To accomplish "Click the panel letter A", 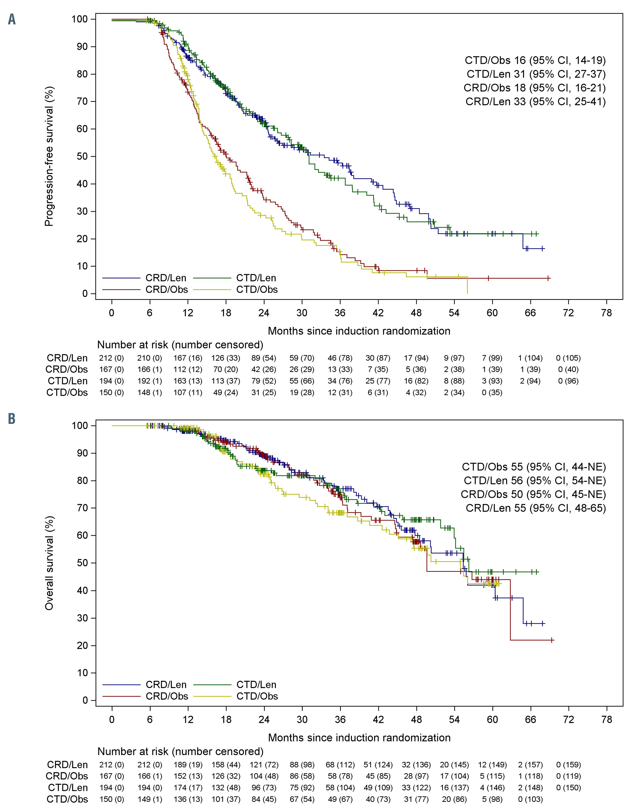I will [12, 19].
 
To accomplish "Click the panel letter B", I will [12, 419].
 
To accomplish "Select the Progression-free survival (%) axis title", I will [49, 156].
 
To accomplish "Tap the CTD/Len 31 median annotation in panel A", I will [536, 74].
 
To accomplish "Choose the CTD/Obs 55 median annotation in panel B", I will [534, 467].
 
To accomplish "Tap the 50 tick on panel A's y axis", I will [82, 156].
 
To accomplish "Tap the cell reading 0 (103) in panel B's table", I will [531, 799].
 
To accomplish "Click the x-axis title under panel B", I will [359, 738].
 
